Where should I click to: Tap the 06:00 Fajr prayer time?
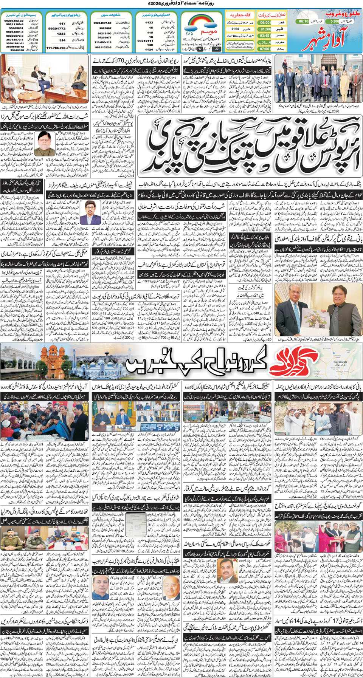pyautogui.click(x=265, y=23)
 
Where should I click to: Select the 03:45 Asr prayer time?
pyautogui.click(x=265, y=36)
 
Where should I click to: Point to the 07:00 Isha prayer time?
pyautogui.click(x=265, y=49)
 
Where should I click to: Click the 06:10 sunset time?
pyautogui.click(x=304, y=22)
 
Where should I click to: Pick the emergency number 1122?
pyautogui.click(x=149, y=23)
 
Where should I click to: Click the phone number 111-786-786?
pyautogui.click(x=56, y=48)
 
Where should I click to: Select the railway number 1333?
pyautogui.click(x=61, y=34)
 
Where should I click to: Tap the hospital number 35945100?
pyautogui.click(x=17, y=50)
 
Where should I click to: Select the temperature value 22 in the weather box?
pyautogui.click(x=216, y=49)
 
